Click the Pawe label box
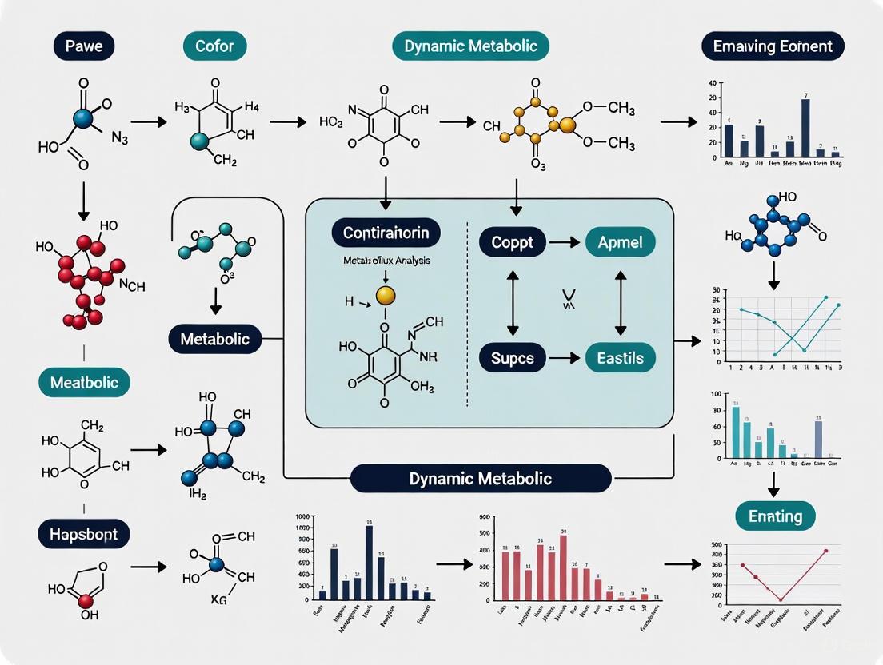tap(84, 46)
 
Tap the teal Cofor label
tap(214, 46)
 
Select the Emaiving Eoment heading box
tap(773, 46)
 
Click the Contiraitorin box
tap(386, 234)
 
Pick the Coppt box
tap(512, 242)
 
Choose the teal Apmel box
tap(620, 242)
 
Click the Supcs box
tap(512, 357)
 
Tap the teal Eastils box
tap(620, 357)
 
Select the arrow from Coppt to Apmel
tap(565, 242)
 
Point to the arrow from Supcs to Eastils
tap(565, 357)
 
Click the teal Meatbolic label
tap(84, 383)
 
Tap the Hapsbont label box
tap(84, 533)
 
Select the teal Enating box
tap(775, 516)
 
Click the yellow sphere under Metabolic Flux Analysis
tap(385, 296)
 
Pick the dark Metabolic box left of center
tap(214, 339)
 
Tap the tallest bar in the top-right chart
tap(805, 127)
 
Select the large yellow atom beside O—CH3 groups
tap(567, 125)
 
